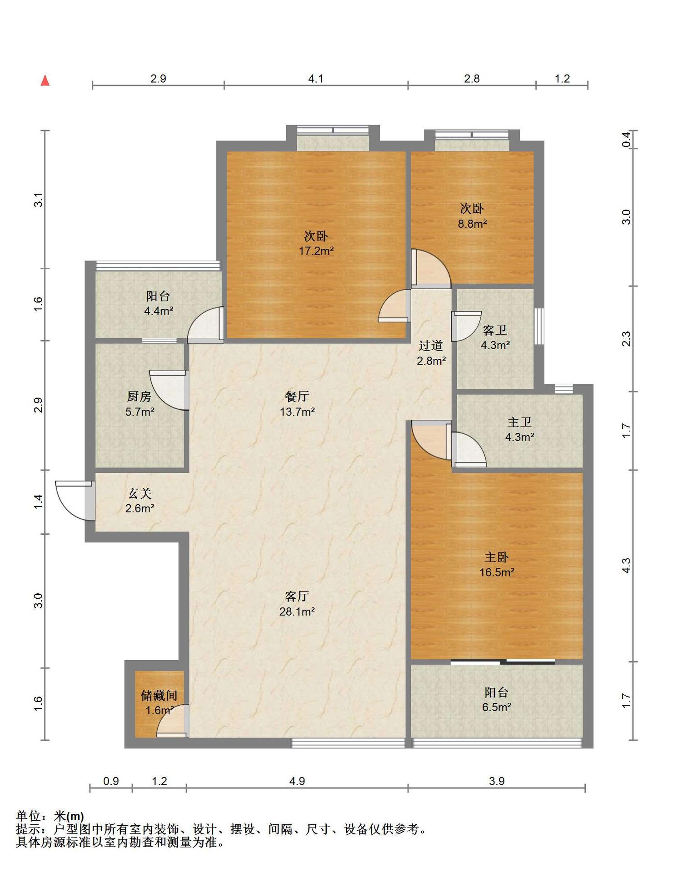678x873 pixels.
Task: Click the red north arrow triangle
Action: [45, 80]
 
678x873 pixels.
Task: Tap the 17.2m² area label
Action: [316, 251]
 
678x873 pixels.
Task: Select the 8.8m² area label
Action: [472, 223]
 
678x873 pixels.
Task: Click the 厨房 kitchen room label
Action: [139, 396]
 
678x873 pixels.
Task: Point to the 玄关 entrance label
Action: [140, 493]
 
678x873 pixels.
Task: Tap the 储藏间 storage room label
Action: [159, 695]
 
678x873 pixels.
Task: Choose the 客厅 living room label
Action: [297, 596]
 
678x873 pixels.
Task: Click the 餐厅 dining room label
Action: [297, 396]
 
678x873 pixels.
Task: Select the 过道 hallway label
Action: [431, 346]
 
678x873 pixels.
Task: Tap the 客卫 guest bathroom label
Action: [495, 330]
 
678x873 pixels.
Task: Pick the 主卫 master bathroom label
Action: [519, 422]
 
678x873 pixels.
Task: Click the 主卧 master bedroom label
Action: [497, 557]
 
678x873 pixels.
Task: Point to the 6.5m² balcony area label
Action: [497, 707]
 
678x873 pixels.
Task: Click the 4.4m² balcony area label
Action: [159, 311]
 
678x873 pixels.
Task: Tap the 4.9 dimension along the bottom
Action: [297, 781]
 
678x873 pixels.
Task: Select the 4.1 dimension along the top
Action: [316, 79]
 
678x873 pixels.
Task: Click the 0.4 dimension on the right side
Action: [627, 139]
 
